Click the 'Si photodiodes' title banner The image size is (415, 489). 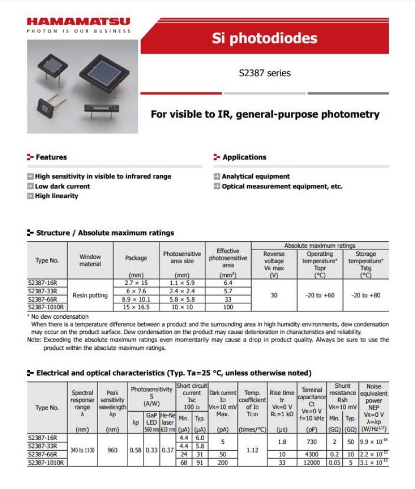point(265,38)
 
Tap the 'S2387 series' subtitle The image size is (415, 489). point(265,73)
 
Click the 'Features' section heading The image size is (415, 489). point(51,157)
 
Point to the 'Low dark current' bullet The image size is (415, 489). point(62,186)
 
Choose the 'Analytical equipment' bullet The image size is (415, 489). point(256,176)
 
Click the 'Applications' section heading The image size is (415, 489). point(244,157)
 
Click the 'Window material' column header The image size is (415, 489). point(90,261)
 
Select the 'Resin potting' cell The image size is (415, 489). point(90,295)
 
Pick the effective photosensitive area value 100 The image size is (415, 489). point(228,307)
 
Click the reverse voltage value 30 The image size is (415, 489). point(274,295)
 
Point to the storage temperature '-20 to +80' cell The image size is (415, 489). point(366,295)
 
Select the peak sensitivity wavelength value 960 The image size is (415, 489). point(112,450)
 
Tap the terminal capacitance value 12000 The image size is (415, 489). point(312,462)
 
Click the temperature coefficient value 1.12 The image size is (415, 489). point(252,450)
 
